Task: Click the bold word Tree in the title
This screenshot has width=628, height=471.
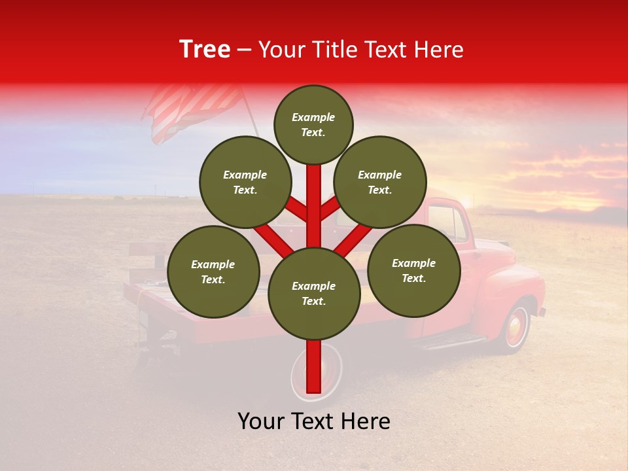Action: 205,50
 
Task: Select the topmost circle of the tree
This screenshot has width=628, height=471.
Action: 313,124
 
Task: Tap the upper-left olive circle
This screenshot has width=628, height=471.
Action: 245,182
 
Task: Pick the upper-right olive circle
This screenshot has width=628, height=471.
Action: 380,182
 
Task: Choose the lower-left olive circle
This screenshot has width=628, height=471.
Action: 213,271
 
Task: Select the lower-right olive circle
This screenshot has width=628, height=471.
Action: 413,270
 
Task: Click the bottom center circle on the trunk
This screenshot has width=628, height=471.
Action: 314,293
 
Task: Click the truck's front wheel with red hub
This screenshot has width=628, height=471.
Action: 516,326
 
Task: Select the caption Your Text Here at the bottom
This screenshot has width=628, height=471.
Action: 314,422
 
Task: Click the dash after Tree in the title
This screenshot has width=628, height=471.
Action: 245,50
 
